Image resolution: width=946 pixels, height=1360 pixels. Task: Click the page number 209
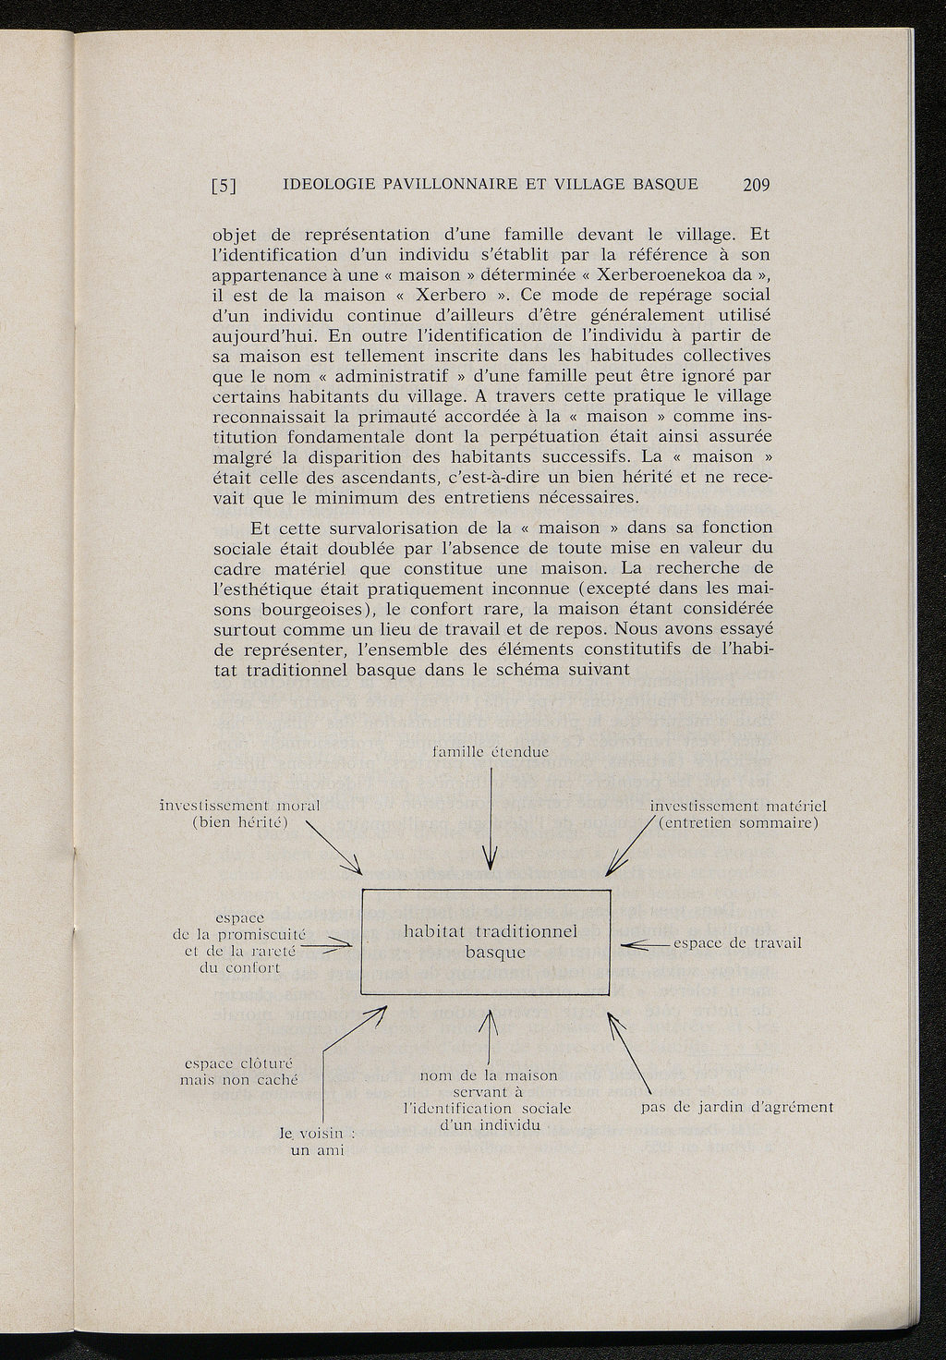(x=755, y=185)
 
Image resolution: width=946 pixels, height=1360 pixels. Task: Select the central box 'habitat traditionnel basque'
(x=486, y=941)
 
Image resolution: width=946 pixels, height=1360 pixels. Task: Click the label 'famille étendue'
(x=491, y=753)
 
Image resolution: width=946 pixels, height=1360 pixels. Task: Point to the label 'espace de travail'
(x=737, y=943)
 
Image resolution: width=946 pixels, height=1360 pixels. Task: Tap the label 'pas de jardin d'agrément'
(x=736, y=1107)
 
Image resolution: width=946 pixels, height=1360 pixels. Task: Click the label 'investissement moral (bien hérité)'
(x=240, y=814)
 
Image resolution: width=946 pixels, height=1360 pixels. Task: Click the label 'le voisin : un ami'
(x=310, y=1141)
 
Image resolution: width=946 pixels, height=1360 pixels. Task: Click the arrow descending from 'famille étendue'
(x=490, y=822)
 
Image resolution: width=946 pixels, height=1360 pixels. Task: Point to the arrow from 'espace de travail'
(x=645, y=945)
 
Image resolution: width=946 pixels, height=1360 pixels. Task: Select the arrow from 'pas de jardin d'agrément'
(x=631, y=1053)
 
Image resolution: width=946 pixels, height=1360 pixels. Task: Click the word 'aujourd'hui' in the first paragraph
(x=259, y=335)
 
